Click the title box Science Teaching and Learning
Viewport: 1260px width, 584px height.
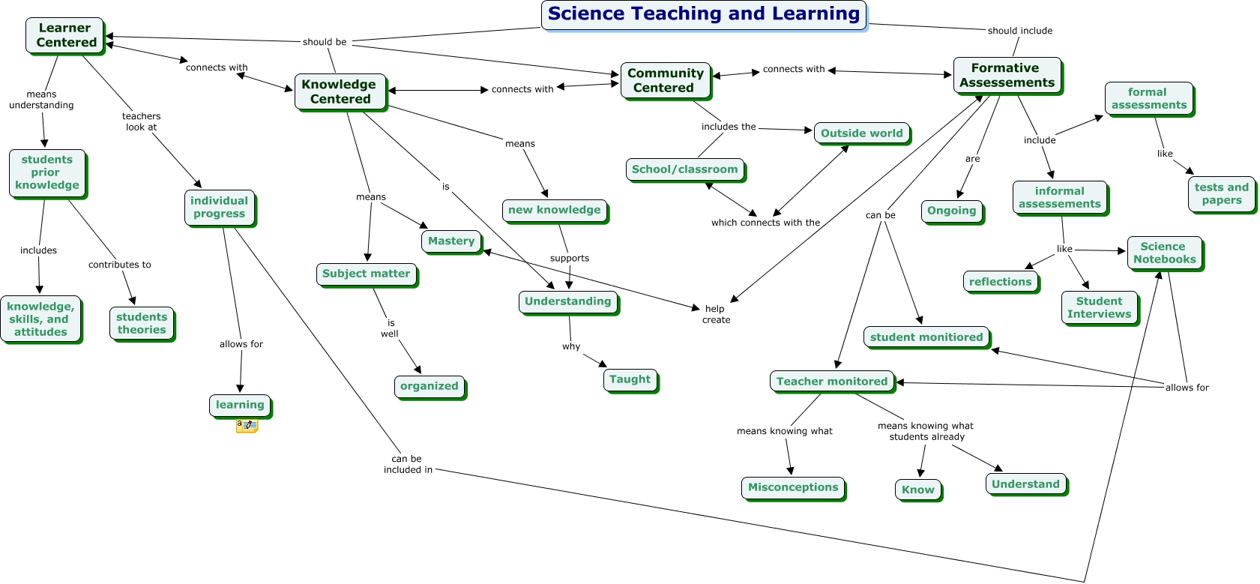(x=703, y=14)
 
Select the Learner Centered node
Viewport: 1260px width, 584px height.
(x=65, y=35)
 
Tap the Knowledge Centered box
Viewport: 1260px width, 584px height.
(x=340, y=91)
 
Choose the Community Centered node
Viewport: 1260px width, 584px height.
(x=665, y=80)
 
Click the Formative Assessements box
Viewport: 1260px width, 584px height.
(x=1007, y=75)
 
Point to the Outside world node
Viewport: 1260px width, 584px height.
(x=861, y=133)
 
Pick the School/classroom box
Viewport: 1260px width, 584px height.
(x=684, y=169)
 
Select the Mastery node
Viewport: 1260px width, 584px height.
(x=451, y=241)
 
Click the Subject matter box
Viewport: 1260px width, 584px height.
(x=366, y=274)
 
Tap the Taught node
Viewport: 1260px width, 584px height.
(x=630, y=379)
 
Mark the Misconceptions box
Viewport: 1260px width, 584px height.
(x=792, y=487)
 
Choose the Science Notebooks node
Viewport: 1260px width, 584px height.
(x=1164, y=253)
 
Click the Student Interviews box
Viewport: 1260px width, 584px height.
(x=1099, y=307)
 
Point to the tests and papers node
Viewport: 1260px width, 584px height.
(x=1221, y=193)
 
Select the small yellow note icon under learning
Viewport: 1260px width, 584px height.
(x=247, y=426)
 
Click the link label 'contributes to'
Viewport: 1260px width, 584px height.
(x=120, y=265)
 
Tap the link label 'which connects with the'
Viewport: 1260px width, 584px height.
(x=765, y=223)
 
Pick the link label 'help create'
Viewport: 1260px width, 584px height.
(x=716, y=314)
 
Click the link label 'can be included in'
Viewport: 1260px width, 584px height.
(x=408, y=464)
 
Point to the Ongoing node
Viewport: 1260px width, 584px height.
(x=951, y=211)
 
